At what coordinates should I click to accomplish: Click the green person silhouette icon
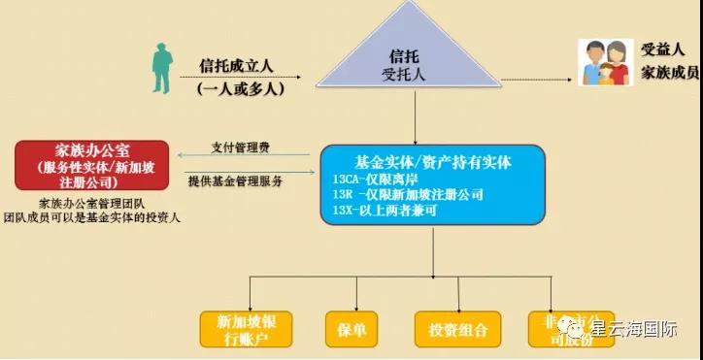pyautogui.click(x=156, y=68)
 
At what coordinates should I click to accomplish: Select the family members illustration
pyautogui.click(x=602, y=63)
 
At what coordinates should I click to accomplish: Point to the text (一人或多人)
pyautogui.click(x=237, y=87)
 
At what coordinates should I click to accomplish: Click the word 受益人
pyautogui.click(x=663, y=49)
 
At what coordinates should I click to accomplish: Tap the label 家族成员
pyautogui.click(x=670, y=73)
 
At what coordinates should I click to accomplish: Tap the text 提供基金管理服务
pyautogui.click(x=237, y=181)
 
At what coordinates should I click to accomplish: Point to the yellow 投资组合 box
pyautogui.click(x=457, y=329)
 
